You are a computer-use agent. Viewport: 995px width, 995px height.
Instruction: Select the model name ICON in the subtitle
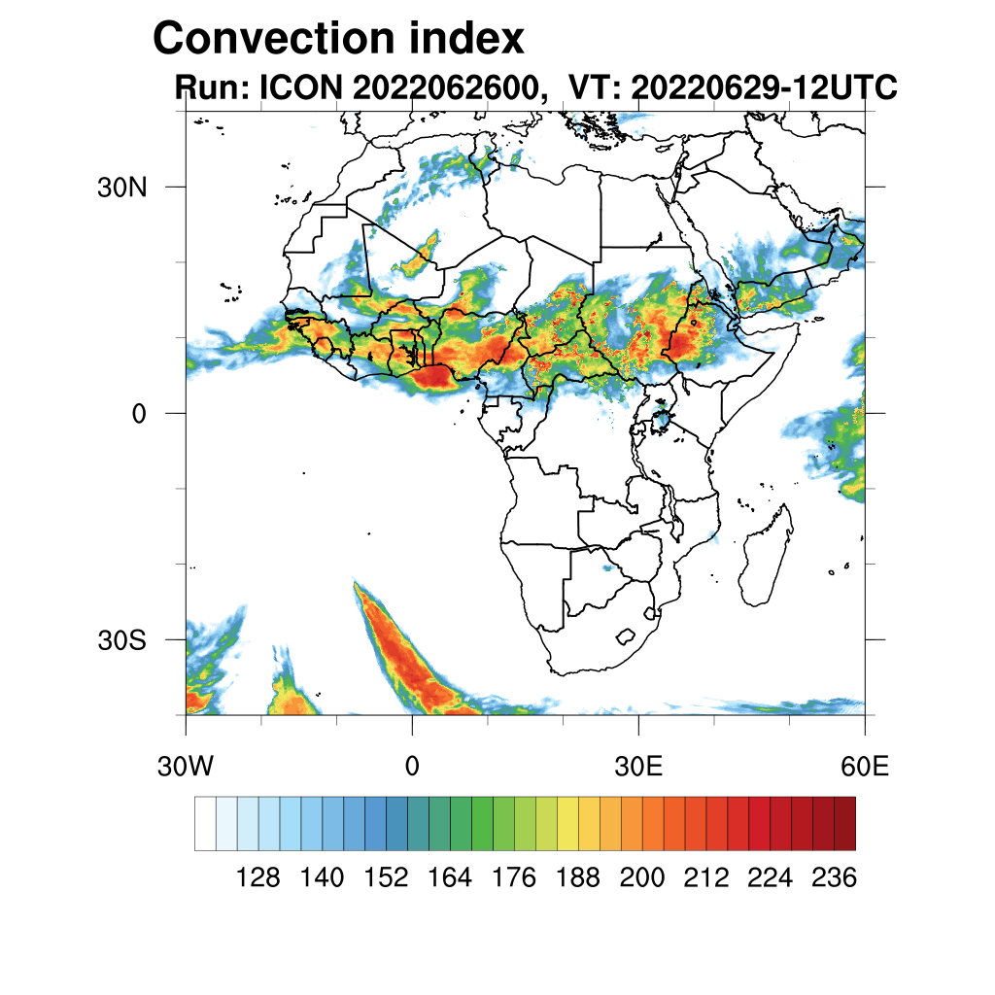pos(298,87)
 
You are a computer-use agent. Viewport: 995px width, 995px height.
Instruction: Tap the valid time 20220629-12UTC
pos(763,87)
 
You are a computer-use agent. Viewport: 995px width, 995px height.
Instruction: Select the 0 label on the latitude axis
pos(140,414)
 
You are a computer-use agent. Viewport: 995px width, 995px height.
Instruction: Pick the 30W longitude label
pos(186,768)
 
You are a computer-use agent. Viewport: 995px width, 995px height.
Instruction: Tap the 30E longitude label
pos(638,768)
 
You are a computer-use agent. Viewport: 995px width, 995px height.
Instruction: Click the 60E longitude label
pos(864,768)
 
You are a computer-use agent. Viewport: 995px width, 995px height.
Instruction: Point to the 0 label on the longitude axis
pos(412,768)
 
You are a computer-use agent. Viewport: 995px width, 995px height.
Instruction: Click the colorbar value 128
pos(257,878)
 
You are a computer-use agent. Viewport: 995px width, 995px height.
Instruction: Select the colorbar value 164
pos(450,878)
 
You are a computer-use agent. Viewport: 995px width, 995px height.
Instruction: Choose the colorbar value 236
pos(833,878)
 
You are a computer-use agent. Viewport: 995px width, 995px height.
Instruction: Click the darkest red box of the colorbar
pos(844,823)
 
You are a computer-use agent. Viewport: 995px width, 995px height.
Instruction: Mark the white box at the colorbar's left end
pos(205,823)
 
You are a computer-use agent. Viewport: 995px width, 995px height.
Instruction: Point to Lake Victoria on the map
pos(664,421)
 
